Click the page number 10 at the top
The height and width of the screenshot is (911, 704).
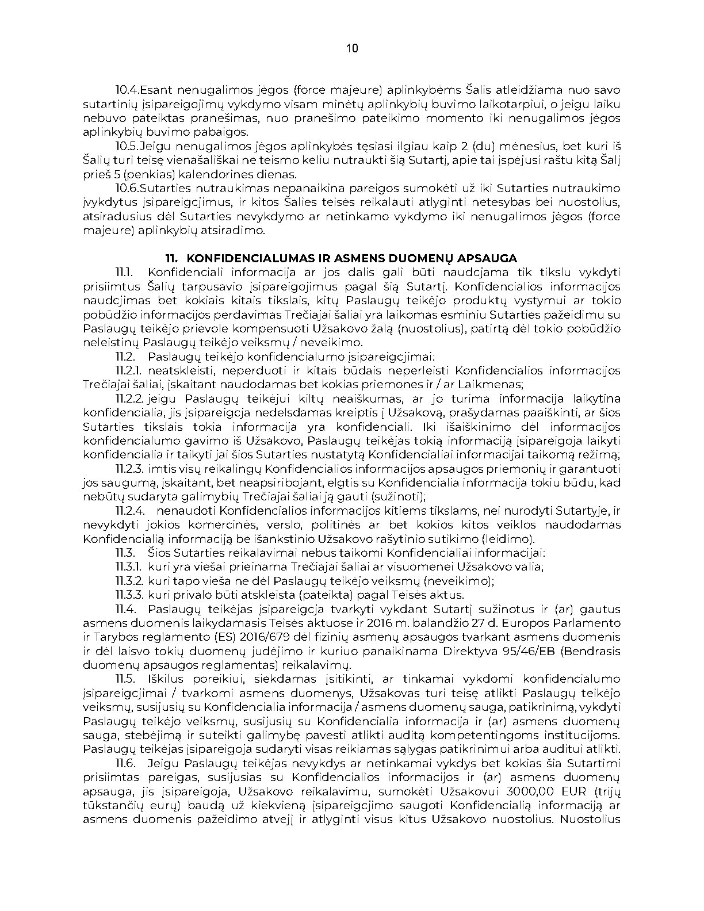tap(352, 48)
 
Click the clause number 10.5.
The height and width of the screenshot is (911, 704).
tap(127, 147)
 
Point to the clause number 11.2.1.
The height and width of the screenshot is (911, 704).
tap(129, 371)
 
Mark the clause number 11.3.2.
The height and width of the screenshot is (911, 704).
tap(129, 581)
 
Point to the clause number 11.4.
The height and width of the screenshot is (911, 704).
tap(125, 609)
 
